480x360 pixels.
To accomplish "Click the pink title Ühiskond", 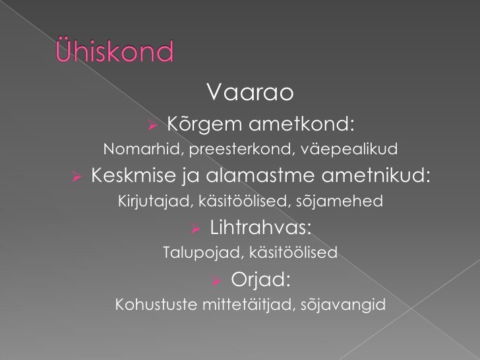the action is pyautogui.click(x=115, y=50).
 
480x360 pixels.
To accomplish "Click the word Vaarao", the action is pyautogui.click(x=250, y=92).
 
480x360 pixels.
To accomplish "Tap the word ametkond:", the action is pyautogui.click(x=301, y=124).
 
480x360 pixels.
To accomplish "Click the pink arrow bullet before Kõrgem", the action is pyautogui.click(x=152, y=125).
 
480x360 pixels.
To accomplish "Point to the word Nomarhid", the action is pyautogui.click(x=144, y=150).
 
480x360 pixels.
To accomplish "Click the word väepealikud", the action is pyautogui.click(x=349, y=149).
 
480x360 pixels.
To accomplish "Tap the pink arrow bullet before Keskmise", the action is pyautogui.click(x=77, y=176).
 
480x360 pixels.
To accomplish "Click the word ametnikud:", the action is pyautogui.click(x=376, y=175).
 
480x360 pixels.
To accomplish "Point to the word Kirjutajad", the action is pyautogui.click(x=156, y=202).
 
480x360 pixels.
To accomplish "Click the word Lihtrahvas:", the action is pyautogui.click(x=260, y=227).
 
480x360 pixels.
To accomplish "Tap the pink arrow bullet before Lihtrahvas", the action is pyautogui.click(x=195, y=228).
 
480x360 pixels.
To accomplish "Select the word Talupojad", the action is pyautogui.click(x=203, y=253).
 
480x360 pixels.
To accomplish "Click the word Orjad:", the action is pyautogui.click(x=260, y=280).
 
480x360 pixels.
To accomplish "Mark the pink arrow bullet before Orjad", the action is pyautogui.click(x=216, y=280).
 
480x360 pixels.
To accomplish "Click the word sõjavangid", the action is pyautogui.click(x=343, y=305).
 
